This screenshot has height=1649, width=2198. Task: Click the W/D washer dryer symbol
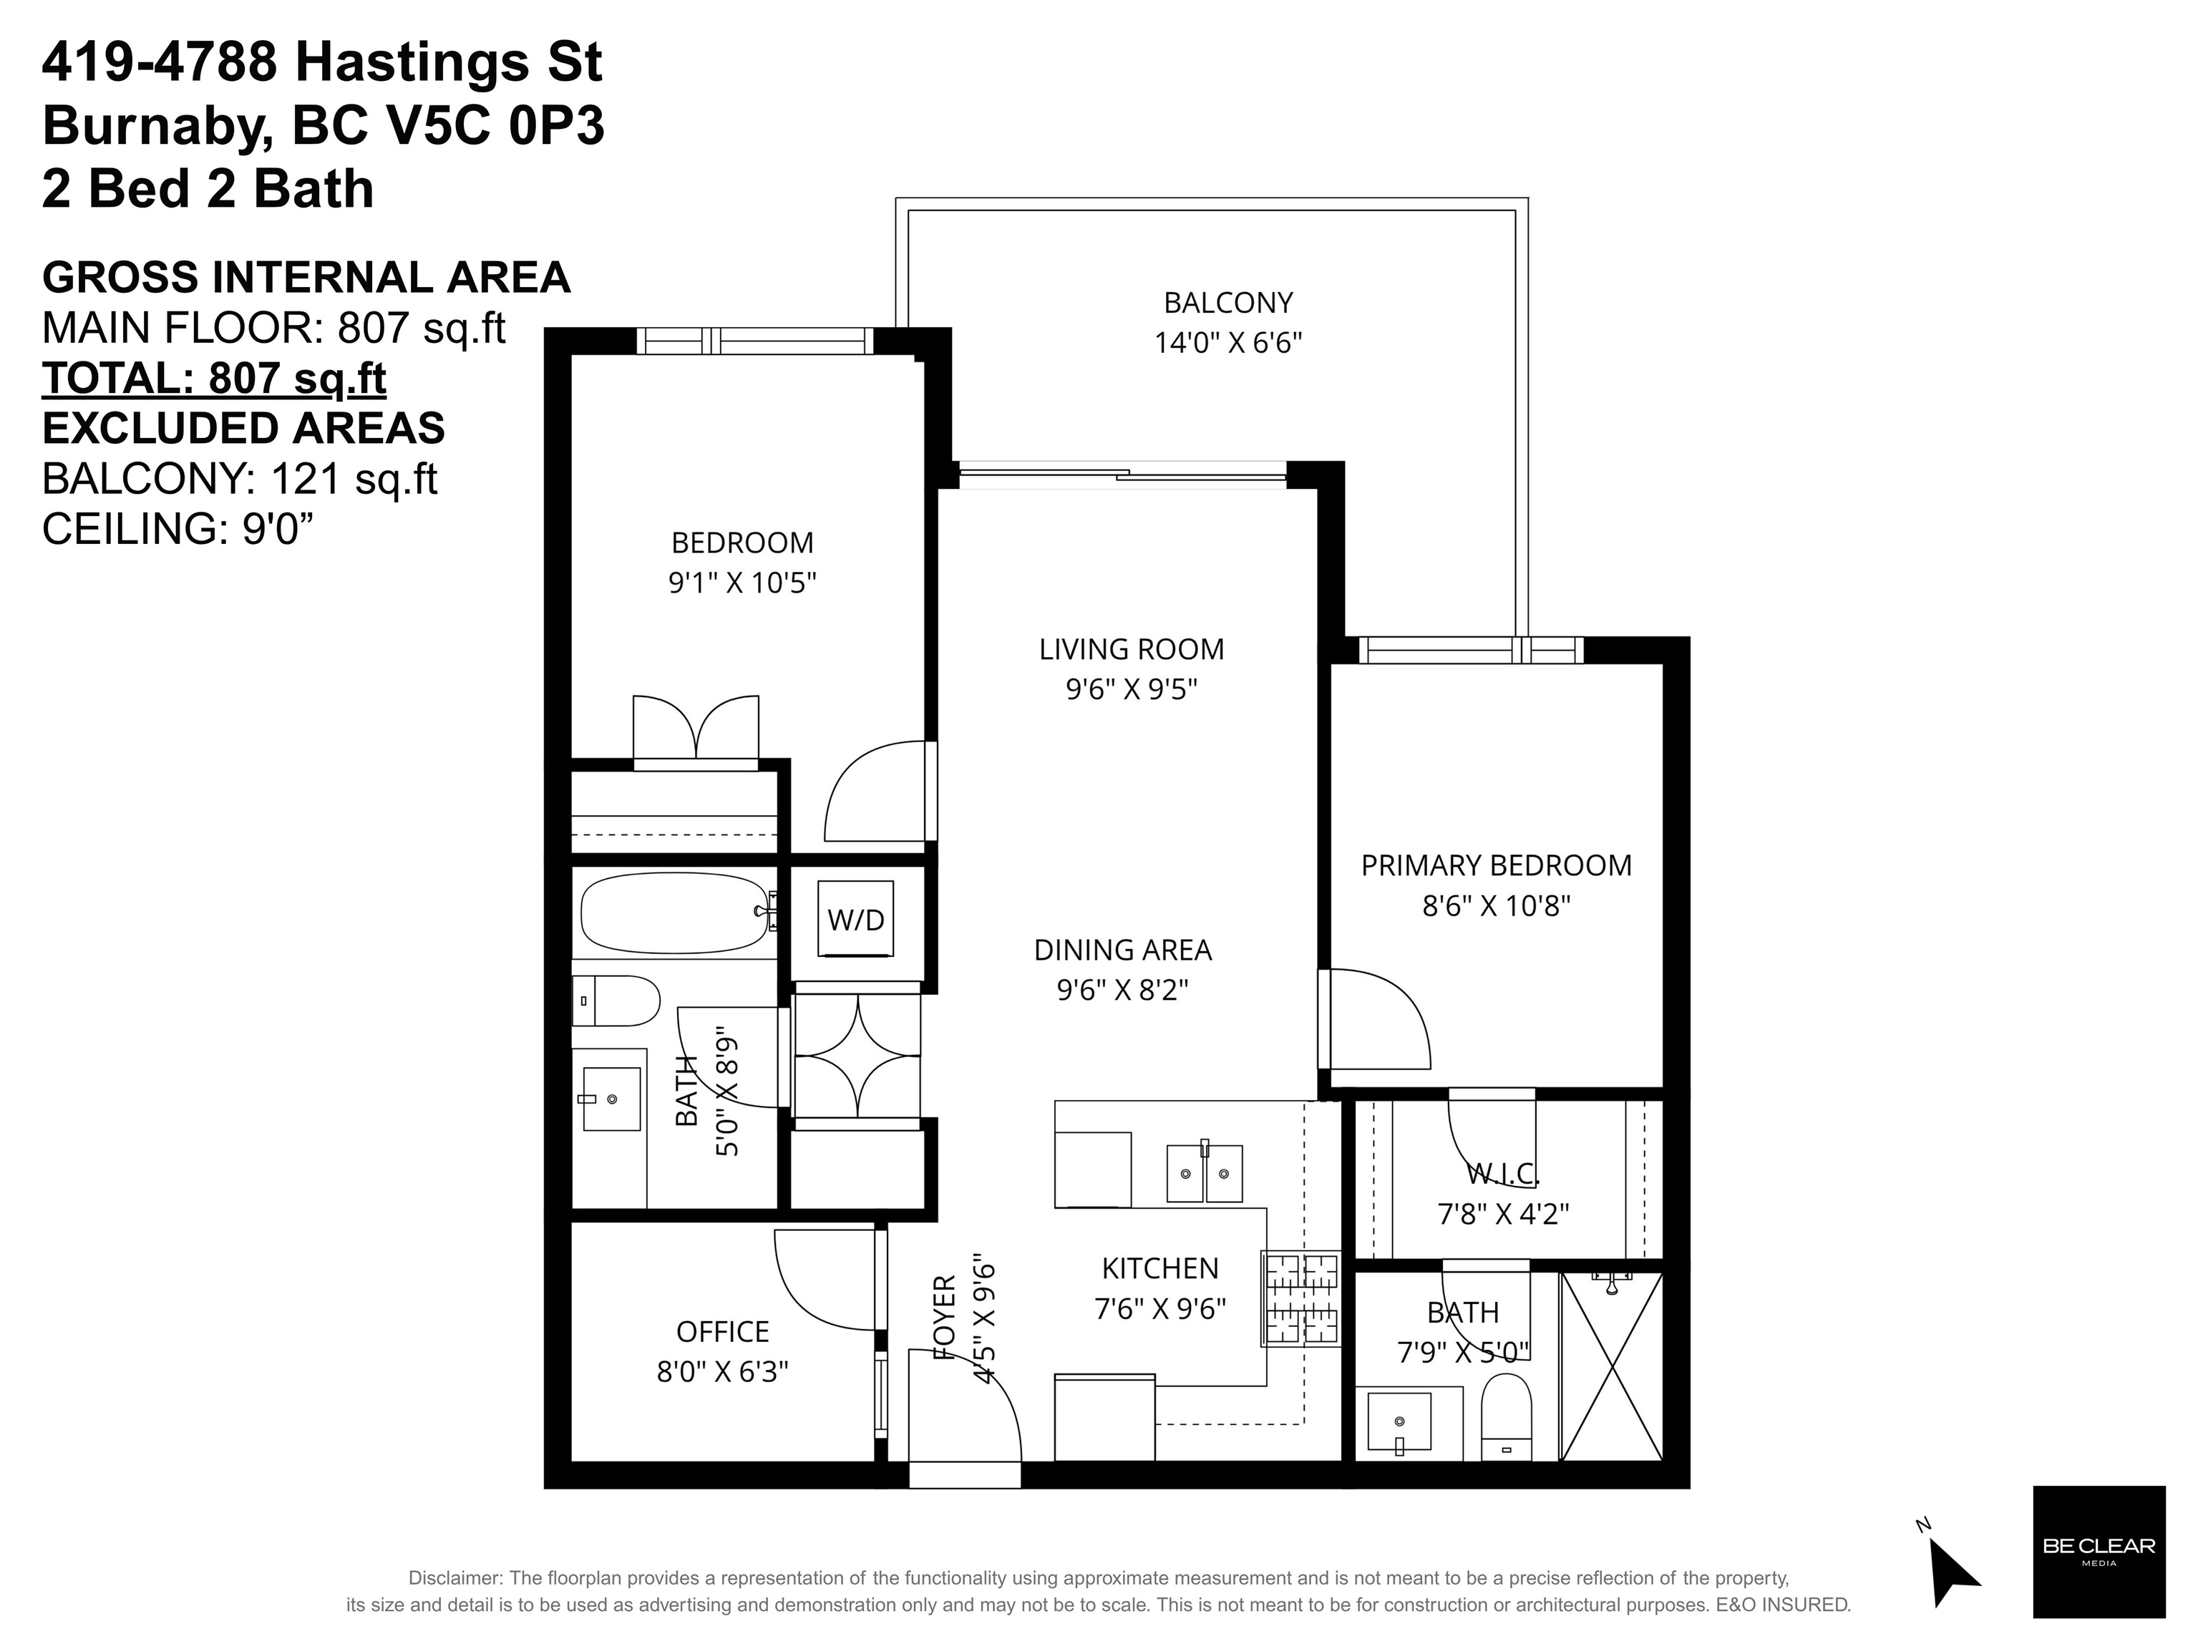coord(855,919)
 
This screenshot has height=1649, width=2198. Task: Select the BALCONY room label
coord(1228,303)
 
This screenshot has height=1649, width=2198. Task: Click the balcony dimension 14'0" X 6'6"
coord(1228,344)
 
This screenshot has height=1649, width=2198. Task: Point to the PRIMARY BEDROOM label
coord(1495,866)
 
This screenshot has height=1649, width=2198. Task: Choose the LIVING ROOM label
coord(1132,650)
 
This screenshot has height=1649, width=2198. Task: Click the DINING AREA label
coord(1123,950)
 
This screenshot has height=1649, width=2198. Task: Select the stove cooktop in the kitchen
coord(1300,1298)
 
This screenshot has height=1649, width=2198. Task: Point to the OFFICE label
coord(722,1332)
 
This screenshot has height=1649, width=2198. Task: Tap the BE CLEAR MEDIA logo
coord(2099,1552)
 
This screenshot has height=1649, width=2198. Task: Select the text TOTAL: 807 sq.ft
coord(213,379)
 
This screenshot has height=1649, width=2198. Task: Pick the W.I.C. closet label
coord(1502,1174)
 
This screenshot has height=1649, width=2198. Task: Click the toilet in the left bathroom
coord(616,1001)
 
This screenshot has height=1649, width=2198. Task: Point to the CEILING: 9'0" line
coord(178,530)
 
